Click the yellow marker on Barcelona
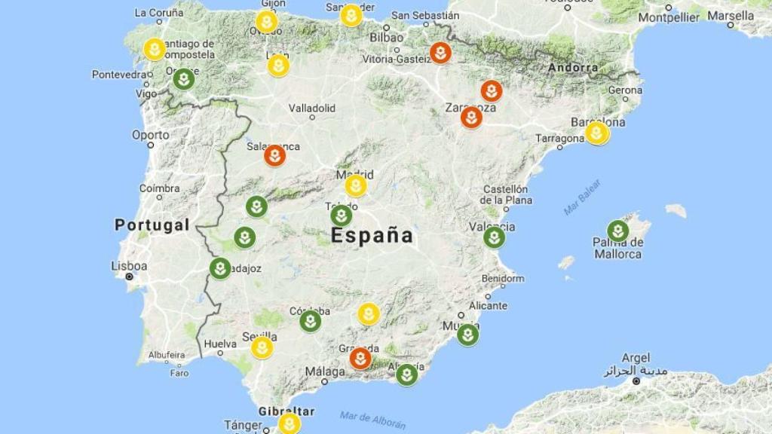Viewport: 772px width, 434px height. coord(597,133)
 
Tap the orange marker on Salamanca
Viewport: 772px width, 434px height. coord(275,156)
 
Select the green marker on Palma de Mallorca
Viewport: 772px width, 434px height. coord(617,231)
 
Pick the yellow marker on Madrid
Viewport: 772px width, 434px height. coord(356,185)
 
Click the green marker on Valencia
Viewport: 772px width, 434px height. coord(494,237)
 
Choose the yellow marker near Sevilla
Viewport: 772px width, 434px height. coord(262,347)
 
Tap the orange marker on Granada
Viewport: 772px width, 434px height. coord(360,358)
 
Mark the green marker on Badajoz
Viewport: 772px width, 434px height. coord(220,268)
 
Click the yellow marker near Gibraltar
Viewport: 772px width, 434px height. coord(289,423)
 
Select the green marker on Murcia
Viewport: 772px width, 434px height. coord(467,335)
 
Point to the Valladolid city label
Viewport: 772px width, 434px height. coord(312,108)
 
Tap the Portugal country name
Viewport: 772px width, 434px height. coord(152,225)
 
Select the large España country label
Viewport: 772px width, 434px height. coord(372,236)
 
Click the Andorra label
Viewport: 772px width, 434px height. coord(573,67)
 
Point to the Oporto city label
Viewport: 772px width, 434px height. coord(151,135)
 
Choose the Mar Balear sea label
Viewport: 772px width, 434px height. coord(582,197)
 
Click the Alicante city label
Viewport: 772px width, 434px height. coord(488,306)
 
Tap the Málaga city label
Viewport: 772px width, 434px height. coord(326,371)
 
